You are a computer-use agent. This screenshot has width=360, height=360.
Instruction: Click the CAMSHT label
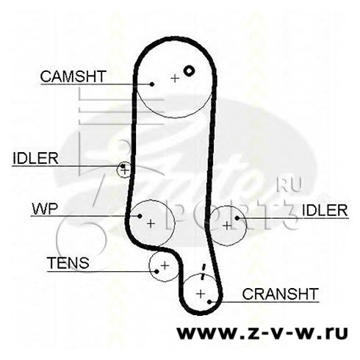pos(73,76)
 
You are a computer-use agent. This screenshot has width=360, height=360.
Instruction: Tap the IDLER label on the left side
pos(35,159)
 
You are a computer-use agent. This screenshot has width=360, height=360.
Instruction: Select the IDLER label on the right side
pos(325,210)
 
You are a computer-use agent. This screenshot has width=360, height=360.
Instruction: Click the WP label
pos(45,209)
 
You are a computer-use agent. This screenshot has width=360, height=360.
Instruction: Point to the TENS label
pos(68,263)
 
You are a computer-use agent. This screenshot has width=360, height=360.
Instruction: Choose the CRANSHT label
pos(281,294)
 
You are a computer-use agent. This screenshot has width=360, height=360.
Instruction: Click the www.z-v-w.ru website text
pos(262,333)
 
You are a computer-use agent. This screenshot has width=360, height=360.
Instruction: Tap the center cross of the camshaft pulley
pos(175,79)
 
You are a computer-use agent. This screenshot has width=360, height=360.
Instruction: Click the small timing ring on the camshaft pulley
pos(189,71)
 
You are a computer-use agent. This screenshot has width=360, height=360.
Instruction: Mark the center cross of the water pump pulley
pos(151,223)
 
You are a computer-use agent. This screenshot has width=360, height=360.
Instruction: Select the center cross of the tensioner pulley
pos(165,265)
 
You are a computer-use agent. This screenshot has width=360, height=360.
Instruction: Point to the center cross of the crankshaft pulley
pos(201,293)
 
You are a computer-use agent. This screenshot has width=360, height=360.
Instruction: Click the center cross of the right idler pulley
pos(227,226)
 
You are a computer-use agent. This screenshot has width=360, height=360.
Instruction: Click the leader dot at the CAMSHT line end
pos(152,84)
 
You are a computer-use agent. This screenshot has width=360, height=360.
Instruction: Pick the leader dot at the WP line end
pos(140,216)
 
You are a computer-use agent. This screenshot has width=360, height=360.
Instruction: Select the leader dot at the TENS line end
pos(156,271)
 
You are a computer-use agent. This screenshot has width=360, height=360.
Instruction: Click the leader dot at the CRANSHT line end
pos(209,301)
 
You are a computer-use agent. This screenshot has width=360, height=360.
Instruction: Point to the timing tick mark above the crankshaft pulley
pos(203,271)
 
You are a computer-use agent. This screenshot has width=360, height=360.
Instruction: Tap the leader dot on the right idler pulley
pos(237,218)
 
